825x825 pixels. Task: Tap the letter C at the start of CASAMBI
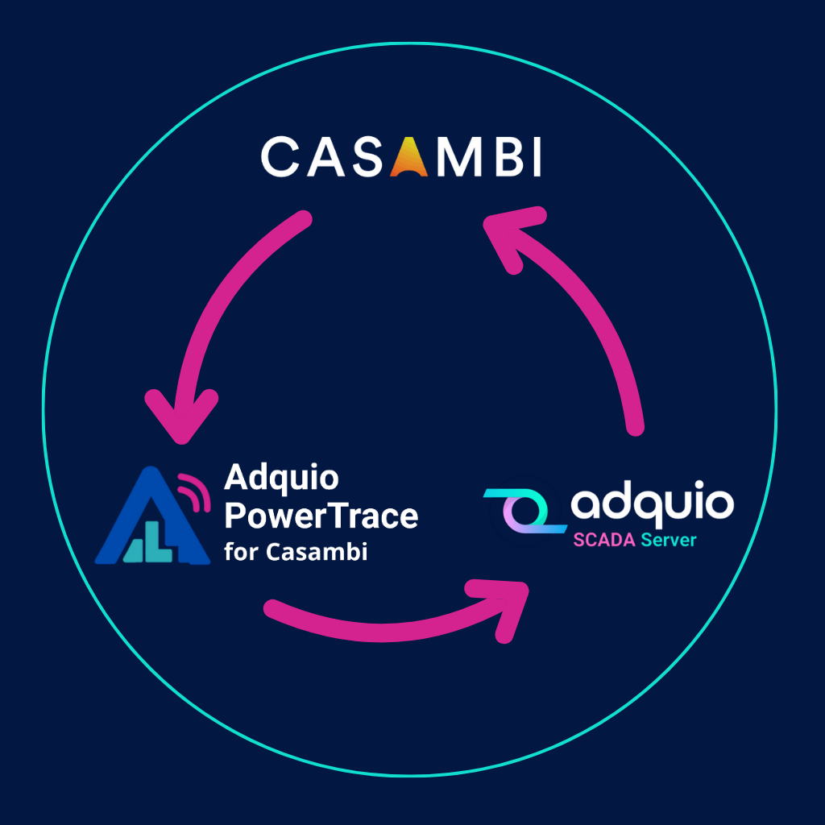pos(281,157)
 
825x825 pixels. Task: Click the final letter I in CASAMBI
pos(533,157)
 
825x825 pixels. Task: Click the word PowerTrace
pos(321,516)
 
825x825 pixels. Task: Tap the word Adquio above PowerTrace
pos(281,479)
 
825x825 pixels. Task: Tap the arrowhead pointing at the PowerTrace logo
pos(180,415)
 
